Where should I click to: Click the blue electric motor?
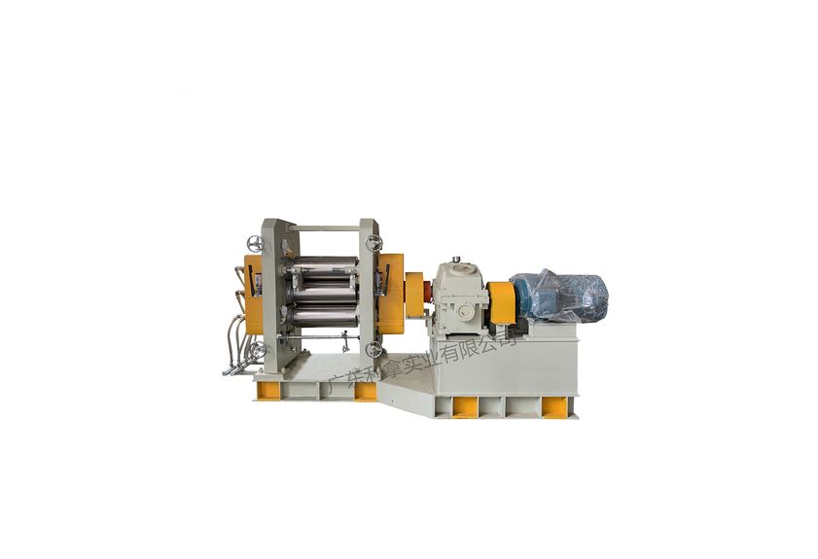559,296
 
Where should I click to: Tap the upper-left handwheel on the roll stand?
255,244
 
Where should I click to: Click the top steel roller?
324,263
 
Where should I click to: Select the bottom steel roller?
324,316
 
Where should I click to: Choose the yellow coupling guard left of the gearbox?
390,289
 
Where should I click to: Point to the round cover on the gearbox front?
467,311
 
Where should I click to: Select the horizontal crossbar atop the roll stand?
324,228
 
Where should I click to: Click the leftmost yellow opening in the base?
267,392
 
